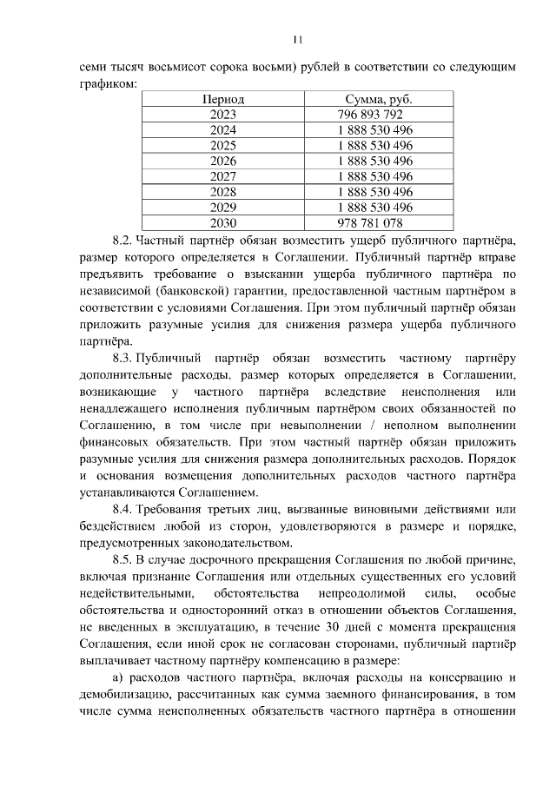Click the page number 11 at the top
[x=297, y=39]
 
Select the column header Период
[x=223, y=100]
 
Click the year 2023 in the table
[x=223, y=115]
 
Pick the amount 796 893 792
[x=369, y=115]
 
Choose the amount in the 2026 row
[x=375, y=161]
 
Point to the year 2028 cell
[x=223, y=192]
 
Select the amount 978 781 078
[x=369, y=223]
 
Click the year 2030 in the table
[x=223, y=223]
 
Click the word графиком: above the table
[x=108, y=84]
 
